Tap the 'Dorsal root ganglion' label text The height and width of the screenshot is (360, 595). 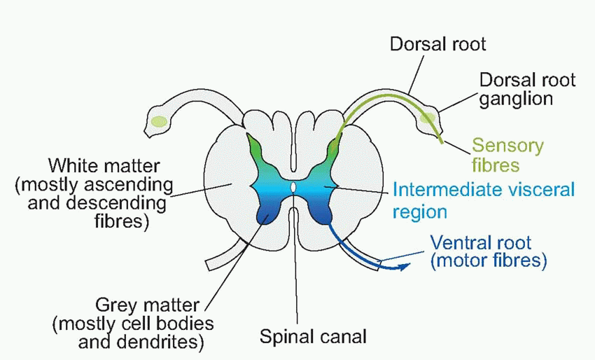coord(527,88)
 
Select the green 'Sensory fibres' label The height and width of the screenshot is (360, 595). coord(507,155)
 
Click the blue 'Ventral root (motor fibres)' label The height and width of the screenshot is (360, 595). coord(488,252)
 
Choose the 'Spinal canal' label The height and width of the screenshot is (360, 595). coord(313,337)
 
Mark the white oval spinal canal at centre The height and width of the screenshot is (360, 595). coord(294,188)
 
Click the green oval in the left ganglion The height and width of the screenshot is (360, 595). coord(159,121)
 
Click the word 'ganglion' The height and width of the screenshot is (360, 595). coord(517,98)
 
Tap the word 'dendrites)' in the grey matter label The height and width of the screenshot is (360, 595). coord(160,342)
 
